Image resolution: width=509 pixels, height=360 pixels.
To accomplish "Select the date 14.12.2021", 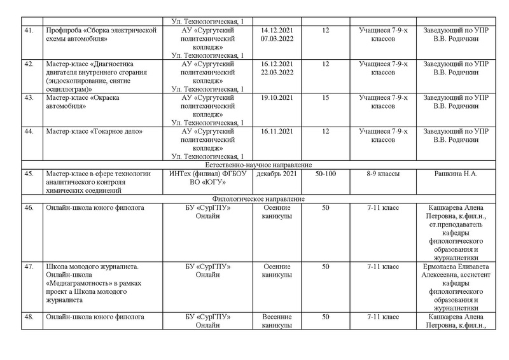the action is [277, 30].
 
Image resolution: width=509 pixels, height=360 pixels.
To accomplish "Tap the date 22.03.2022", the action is [277, 73].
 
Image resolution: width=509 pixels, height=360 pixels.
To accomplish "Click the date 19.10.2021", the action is [277, 98].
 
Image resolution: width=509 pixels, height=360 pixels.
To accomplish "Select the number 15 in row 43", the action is [326, 98].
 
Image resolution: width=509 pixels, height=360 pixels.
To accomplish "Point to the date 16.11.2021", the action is [277, 131].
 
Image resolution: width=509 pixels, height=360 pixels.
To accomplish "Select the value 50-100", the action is [326, 173].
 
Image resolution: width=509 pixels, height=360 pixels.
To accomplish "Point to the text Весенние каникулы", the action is [277, 321].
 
